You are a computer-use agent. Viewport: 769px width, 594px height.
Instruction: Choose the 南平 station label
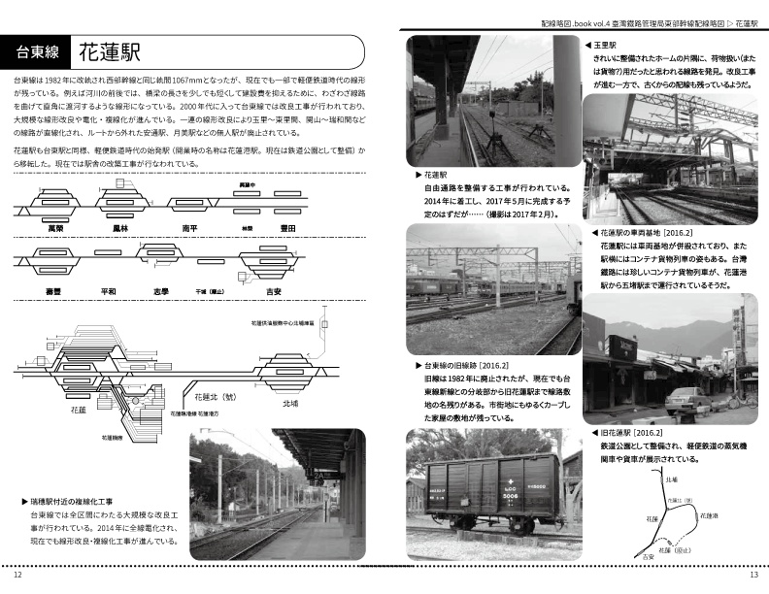(191, 227)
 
